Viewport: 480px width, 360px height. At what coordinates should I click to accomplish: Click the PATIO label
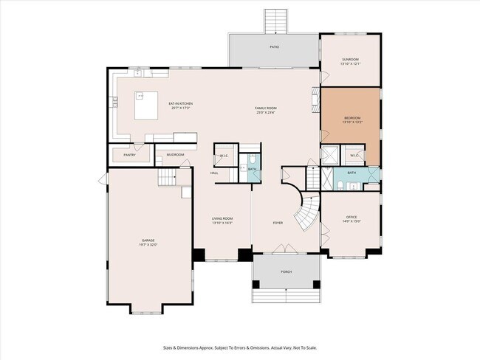point(274,46)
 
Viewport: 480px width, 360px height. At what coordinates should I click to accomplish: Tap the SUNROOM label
point(350,59)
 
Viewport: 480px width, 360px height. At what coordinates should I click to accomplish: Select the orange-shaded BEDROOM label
point(352,117)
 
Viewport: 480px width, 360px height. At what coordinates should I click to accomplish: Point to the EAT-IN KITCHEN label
point(180,104)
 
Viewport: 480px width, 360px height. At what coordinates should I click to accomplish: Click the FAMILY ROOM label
point(267,108)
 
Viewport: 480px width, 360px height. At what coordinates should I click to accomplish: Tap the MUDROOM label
point(175,155)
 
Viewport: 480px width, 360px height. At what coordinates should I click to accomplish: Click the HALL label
point(214,173)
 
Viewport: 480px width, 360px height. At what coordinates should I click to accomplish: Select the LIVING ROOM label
point(222,218)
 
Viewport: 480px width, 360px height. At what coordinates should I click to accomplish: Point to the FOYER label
point(278,222)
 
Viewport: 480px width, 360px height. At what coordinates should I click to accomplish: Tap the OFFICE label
point(351,216)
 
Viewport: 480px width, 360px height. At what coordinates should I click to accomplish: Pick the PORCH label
point(286,271)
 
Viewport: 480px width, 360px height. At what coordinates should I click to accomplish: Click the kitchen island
point(145,105)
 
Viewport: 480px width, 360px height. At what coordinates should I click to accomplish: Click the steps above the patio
point(274,21)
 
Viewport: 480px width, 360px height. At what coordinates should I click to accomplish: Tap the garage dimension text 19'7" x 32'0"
point(148,245)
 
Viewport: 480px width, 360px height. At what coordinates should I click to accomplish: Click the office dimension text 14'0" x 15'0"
point(351,221)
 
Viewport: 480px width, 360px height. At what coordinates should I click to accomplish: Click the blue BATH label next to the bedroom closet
point(352,173)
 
